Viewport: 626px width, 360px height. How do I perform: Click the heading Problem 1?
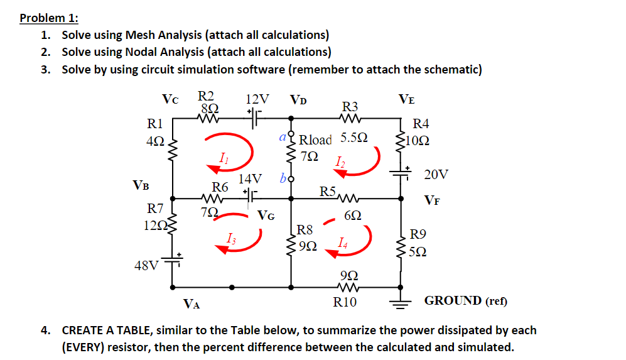[x=48, y=18]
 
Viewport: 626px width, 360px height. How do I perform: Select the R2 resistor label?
[x=206, y=96]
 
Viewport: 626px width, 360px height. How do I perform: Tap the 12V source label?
[x=258, y=99]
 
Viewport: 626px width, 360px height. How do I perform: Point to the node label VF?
[x=431, y=200]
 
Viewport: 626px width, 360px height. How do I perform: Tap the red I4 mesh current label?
[x=342, y=243]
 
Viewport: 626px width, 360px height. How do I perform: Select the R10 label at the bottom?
[x=345, y=303]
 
